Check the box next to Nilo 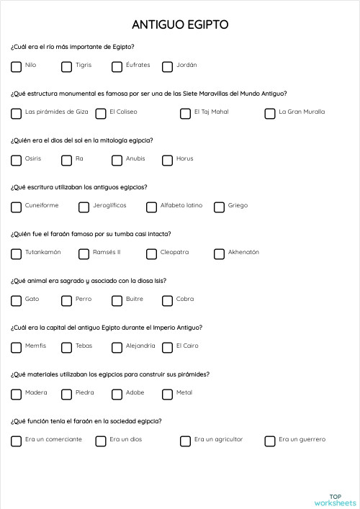(17, 67)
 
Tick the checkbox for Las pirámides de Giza (17, 114)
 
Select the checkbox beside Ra (67, 161)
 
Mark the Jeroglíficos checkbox (84, 207)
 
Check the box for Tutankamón (17, 254)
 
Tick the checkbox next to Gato (17, 301)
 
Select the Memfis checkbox (17, 348)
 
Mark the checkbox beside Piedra (67, 395)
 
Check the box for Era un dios (101, 441)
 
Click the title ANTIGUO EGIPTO (180, 25)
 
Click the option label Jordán (186, 66)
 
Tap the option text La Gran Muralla (302, 112)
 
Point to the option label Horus (184, 159)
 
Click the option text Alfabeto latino (181, 206)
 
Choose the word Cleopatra (174, 253)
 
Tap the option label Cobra (184, 299)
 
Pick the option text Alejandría (140, 346)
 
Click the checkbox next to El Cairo (168, 348)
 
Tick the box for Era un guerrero (270, 441)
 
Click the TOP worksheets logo (335, 500)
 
